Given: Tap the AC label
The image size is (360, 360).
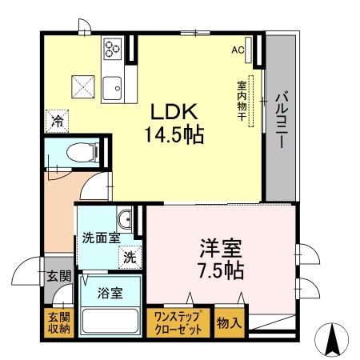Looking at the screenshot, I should point(238,50).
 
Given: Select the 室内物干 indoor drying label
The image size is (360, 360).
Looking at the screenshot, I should point(240,100).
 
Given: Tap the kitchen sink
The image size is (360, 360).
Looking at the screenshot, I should point(112,82).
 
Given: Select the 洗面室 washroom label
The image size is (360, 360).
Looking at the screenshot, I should point(101,238).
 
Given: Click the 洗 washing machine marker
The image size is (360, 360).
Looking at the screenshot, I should point(129,258).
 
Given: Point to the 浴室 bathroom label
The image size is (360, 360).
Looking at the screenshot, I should point(110,292).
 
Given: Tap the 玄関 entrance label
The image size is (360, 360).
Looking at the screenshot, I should point(58,277).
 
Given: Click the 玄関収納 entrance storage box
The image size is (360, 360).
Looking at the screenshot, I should point(58,322).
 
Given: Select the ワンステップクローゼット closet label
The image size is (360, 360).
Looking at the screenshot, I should point(179,322).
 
